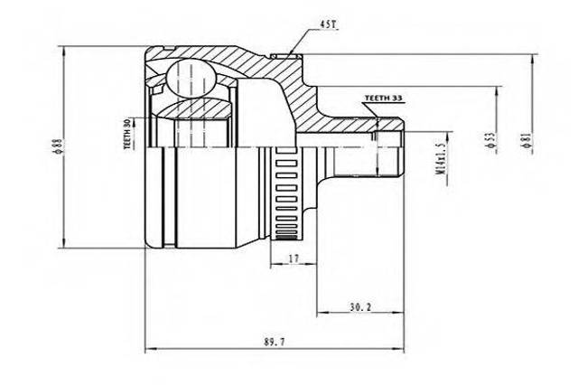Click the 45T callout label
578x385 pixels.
point(328,24)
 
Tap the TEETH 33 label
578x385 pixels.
point(383,99)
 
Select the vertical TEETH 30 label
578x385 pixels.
point(127,134)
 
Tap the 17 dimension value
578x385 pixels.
point(293,258)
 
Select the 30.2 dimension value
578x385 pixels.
point(360,306)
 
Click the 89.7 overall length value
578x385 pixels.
point(275,342)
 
